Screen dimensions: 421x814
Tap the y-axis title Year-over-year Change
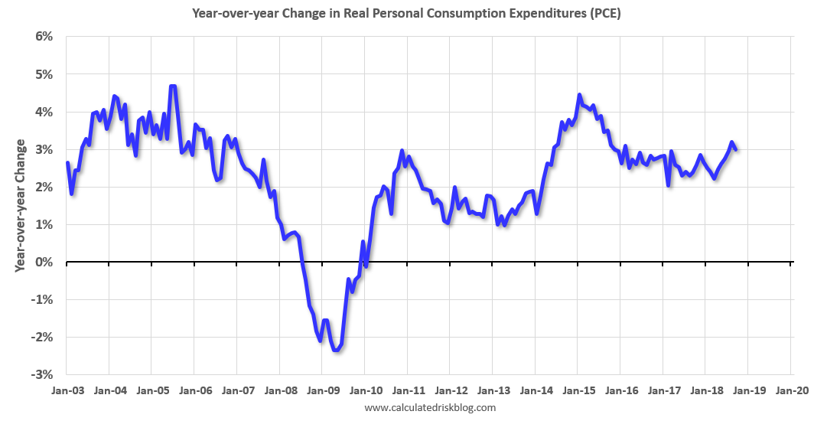(20, 205)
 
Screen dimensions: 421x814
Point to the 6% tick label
(42, 37)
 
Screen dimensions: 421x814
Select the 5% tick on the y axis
(42, 74)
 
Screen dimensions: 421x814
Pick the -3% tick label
(40, 374)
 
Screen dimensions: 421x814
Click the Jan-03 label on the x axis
(67, 390)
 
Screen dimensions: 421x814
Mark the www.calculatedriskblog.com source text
(430, 407)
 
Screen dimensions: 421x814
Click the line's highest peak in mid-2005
(173, 86)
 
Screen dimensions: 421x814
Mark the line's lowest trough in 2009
(336, 351)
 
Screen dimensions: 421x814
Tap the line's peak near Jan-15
(579, 95)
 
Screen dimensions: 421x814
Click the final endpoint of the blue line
(736, 149)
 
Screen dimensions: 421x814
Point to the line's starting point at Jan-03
(67, 163)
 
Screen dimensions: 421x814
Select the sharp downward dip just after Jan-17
(669, 184)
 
